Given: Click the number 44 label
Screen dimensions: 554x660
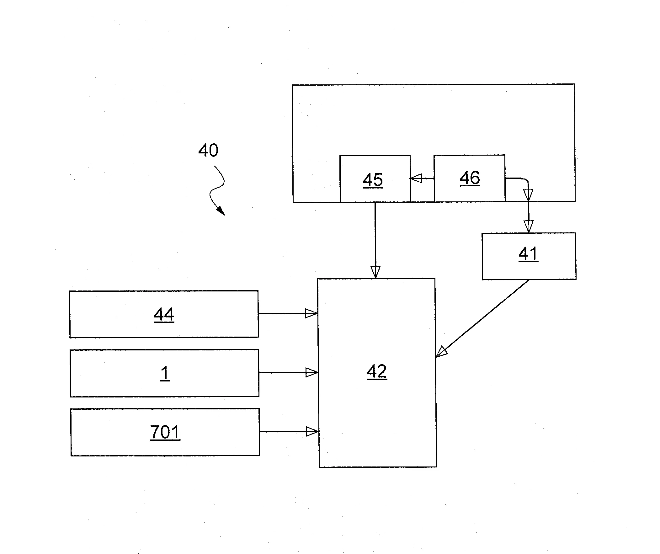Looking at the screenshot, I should click(164, 314).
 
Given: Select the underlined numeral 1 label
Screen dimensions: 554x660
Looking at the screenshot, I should click(165, 373).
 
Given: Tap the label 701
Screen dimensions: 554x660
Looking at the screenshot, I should click(165, 432).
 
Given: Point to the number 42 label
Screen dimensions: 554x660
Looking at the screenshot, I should click(377, 371).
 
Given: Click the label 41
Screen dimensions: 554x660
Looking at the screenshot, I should click(528, 253).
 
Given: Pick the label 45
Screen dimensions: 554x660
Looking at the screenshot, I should click(373, 180).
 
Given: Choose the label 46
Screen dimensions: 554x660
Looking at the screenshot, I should click(470, 178).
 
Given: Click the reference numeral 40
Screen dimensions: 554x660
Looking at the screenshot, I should click(208, 150).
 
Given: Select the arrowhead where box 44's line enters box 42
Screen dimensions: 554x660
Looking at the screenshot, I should click(311, 313).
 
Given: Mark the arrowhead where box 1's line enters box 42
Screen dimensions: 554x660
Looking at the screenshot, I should click(312, 373).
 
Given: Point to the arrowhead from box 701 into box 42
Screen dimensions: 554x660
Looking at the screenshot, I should click(312, 432).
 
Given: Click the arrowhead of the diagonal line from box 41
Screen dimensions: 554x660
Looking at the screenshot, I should click(442, 352).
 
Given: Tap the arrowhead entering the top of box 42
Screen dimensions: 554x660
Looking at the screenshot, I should click(375, 272).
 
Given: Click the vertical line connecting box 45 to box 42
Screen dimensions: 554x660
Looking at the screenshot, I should click(375, 236).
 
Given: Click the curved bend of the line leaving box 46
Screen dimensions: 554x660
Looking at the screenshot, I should click(525, 180).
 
